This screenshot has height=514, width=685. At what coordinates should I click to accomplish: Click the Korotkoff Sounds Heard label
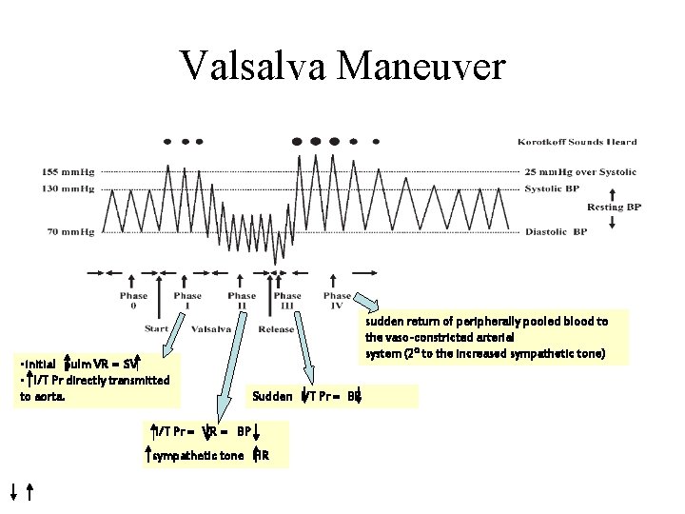[577, 143]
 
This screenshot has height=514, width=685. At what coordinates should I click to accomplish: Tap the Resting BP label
[605, 206]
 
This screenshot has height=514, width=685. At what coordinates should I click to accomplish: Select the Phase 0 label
[133, 301]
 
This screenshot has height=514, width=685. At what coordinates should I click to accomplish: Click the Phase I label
[187, 301]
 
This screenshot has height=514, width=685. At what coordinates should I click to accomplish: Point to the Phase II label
[242, 301]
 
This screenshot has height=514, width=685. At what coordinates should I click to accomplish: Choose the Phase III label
[286, 301]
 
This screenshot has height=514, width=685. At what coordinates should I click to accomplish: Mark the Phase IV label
[337, 301]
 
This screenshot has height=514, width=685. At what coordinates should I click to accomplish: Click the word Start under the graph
[156, 329]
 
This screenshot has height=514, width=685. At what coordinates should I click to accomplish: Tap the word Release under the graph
[276, 329]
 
